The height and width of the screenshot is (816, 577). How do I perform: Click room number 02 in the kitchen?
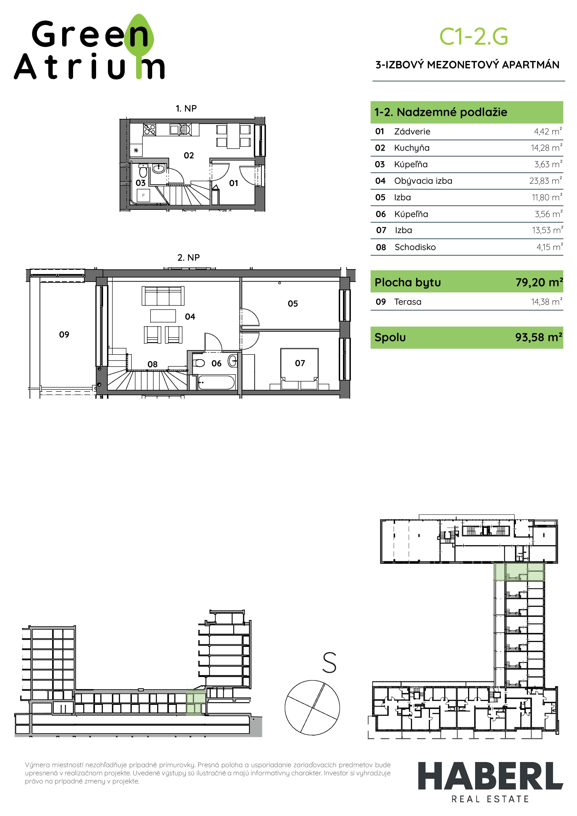(x=189, y=155)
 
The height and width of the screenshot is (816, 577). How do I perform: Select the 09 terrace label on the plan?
(x=64, y=334)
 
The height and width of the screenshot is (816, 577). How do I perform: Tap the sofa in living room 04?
(x=163, y=296)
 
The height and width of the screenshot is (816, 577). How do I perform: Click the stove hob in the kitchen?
(x=149, y=129)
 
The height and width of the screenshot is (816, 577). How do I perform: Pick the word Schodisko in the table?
(x=415, y=247)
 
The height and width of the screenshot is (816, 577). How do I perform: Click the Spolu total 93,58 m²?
(x=539, y=337)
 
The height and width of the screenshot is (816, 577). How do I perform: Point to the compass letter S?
(x=329, y=662)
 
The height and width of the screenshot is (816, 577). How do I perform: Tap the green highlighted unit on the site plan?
(x=519, y=572)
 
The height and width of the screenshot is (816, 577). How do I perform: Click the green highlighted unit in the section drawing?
(x=195, y=702)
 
